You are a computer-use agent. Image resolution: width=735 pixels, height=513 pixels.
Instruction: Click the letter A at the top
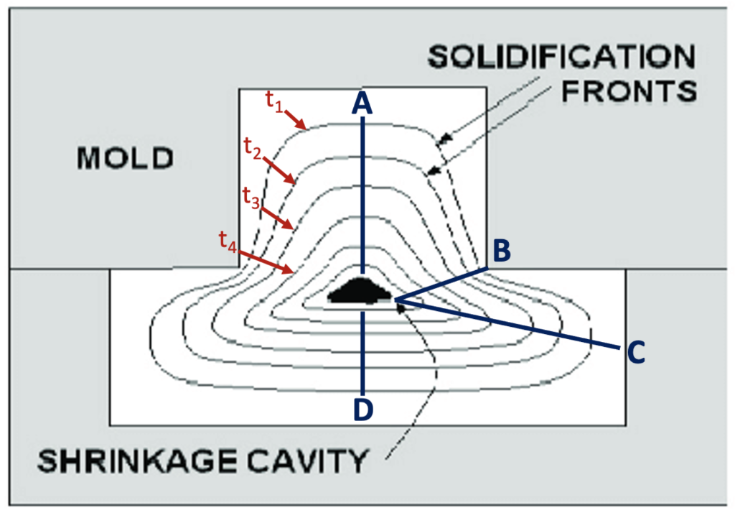coord(363,104)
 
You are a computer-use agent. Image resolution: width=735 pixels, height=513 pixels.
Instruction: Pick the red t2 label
coord(252,150)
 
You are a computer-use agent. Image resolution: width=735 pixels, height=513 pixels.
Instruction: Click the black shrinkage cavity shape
coord(359,292)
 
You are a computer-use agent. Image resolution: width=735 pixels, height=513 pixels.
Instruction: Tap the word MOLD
coord(126,157)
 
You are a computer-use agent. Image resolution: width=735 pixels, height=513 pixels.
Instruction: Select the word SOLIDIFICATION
coord(561,57)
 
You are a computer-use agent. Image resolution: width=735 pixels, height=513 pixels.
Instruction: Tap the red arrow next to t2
coord(281,172)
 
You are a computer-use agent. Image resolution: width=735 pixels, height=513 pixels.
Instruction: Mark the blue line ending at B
coord(441,284)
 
